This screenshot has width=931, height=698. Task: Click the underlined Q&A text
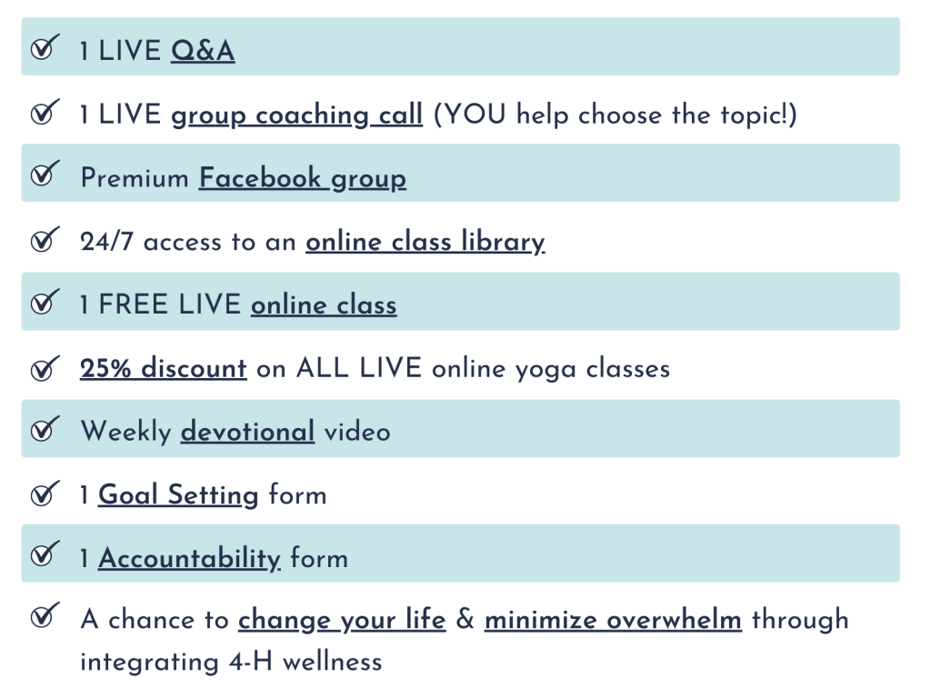pyautogui.click(x=203, y=51)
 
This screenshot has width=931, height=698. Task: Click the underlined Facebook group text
pyautogui.click(x=303, y=179)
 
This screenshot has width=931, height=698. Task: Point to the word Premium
pyautogui.click(x=135, y=178)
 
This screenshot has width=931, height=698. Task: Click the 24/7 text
pyautogui.click(x=107, y=242)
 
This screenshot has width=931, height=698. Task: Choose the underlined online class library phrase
pyautogui.click(x=425, y=242)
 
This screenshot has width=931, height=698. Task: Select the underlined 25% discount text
pyautogui.click(x=164, y=368)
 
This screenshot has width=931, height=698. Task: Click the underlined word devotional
pyautogui.click(x=247, y=432)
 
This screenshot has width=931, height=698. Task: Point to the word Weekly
pyautogui.click(x=125, y=432)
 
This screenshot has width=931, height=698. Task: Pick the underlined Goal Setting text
pyautogui.click(x=178, y=495)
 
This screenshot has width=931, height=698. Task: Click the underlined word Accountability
pyautogui.click(x=189, y=559)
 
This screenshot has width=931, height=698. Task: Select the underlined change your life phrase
pyautogui.click(x=342, y=620)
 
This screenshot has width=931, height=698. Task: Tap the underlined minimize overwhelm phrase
pyautogui.click(x=614, y=620)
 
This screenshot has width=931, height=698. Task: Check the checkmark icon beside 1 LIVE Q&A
pyautogui.click(x=45, y=47)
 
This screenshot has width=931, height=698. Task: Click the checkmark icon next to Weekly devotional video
pyautogui.click(x=45, y=429)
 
